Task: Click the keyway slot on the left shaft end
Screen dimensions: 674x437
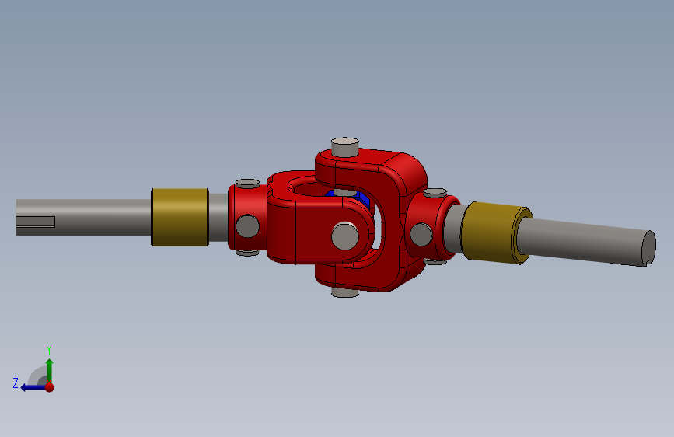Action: pos(36,222)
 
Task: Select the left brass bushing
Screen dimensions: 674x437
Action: pos(180,217)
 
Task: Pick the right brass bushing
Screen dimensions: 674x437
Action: pos(497,232)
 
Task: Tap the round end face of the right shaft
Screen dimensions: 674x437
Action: pos(648,247)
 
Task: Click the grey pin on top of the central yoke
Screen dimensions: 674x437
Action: pos(344,147)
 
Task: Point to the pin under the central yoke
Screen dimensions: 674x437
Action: pos(345,292)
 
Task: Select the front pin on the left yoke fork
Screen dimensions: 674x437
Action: pos(345,236)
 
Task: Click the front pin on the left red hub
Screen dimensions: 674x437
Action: pos(247,226)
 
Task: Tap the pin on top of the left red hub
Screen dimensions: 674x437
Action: pos(247,184)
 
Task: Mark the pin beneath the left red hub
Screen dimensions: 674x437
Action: pos(247,253)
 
